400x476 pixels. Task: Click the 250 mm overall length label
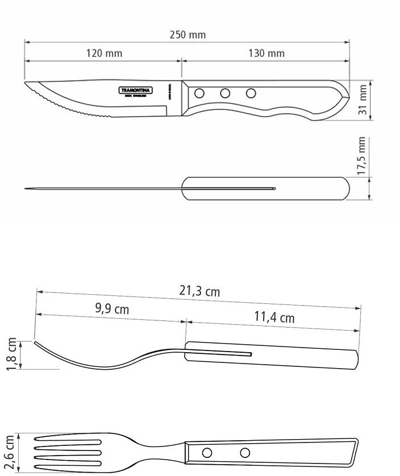188,35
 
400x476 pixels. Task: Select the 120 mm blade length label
104,53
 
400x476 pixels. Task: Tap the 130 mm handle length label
266,53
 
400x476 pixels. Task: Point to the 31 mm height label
363,100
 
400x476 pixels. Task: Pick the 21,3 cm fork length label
199,291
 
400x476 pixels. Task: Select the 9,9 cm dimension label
111,309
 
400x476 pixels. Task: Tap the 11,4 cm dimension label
274,317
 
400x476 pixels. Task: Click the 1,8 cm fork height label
12,354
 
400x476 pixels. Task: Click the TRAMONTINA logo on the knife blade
135,90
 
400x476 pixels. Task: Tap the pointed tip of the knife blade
26,84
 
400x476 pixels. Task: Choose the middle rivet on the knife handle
225,93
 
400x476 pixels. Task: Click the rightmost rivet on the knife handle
251,93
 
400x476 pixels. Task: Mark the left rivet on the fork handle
207,453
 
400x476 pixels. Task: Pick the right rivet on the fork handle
245,453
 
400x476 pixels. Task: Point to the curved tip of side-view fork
36,343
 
